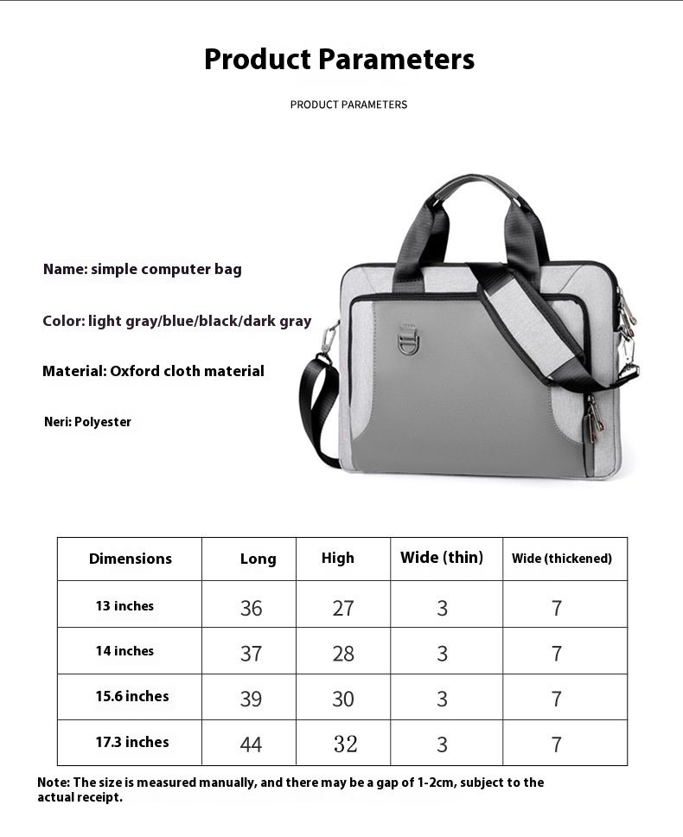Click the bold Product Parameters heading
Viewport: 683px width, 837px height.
coord(339,60)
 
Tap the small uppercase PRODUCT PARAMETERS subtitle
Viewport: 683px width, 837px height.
coord(348,105)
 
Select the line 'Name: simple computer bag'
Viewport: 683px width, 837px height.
coord(143,269)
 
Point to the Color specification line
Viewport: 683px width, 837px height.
coord(176,321)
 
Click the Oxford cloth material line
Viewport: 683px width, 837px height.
coord(153,371)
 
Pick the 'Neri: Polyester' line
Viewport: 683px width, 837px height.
coord(87,422)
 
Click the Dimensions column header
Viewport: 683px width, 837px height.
coord(131,559)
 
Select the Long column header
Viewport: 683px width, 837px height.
coord(258,559)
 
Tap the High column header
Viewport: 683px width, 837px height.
coord(337,558)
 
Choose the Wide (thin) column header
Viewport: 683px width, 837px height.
coord(441,558)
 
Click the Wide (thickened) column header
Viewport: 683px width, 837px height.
coord(561,559)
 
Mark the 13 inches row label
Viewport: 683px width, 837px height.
coord(124,606)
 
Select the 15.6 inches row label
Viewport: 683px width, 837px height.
coord(131,696)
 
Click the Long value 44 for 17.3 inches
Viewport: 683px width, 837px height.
coord(251,744)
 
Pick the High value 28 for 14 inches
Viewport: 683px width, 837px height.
coord(343,653)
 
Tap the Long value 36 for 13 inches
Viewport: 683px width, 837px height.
coord(251,608)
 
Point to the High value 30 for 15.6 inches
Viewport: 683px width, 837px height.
coord(343,698)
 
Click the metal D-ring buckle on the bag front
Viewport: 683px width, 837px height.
coord(408,339)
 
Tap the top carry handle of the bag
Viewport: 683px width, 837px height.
coord(472,186)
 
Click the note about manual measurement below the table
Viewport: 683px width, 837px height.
coord(290,789)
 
